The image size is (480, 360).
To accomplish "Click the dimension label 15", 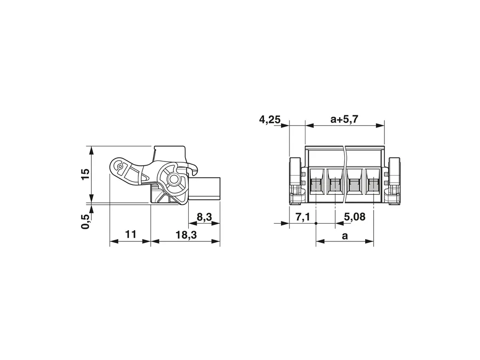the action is (x=86, y=174).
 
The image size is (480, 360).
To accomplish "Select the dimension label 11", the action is (x=130, y=234).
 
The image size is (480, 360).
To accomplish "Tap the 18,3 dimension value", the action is (x=186, y=235).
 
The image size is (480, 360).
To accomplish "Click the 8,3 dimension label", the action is (x=204, y=217).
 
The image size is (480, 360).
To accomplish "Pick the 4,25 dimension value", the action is (x=270, y=120).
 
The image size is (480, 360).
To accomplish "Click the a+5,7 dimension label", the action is (x=344, y=119).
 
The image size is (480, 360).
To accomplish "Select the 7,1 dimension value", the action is (x=303, y=217).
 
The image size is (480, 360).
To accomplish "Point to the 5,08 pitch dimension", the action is (x=354, y=217).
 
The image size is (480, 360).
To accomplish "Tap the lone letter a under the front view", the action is (x=345, y=236).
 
